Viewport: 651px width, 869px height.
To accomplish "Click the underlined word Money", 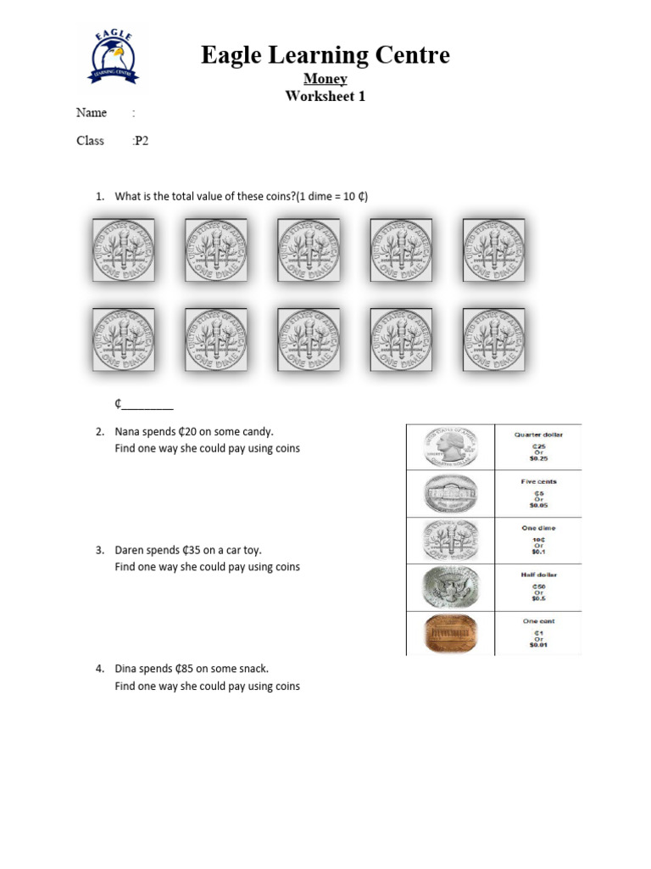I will [x=325, y=79].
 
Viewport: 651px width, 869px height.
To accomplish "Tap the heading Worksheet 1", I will [x=325, y=96].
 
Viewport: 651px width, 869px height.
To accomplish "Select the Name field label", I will [x=92, y=113].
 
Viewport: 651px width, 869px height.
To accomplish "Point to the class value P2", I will [x=141, y=141].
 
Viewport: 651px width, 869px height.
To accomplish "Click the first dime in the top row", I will [x=124, y=251].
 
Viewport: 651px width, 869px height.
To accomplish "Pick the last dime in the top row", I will [x=492, y=251].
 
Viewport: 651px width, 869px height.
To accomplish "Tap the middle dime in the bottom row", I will [x=309, y=339].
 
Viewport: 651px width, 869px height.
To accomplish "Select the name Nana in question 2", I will [x=128, y=432].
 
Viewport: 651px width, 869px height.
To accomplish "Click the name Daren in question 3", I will [x=130, y=550].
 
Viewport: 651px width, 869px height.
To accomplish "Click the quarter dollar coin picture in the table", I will [x=449, y=447].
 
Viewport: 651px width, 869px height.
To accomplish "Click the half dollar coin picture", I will [x=450, y=586].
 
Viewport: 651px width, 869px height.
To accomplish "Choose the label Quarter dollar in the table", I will [x=538, y=434].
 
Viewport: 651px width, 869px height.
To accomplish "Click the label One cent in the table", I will [x=538, y=621].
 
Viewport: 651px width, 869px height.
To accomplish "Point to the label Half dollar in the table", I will [x=538, y=575].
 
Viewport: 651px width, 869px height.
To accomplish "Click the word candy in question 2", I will [x=257, y=432].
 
